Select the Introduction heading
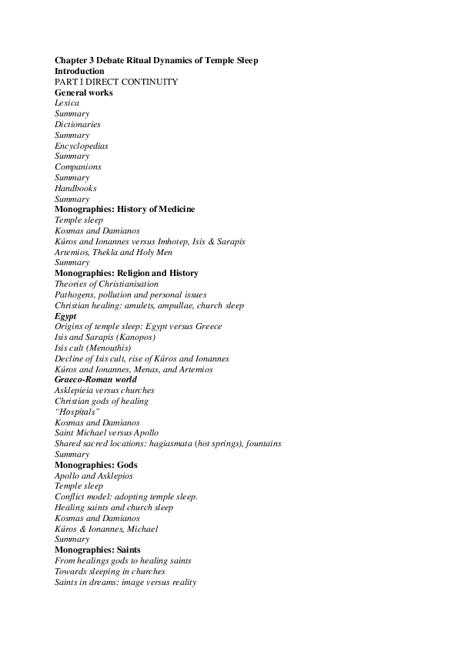(x=79, y=71)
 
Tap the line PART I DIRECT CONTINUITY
(x=116, y=82)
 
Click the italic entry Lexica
(x=67, y=103)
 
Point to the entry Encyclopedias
(x=81, y=146)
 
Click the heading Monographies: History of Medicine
(x=125, y=209)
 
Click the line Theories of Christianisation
(x=106, y=284)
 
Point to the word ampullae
(x=183, y=305)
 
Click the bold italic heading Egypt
(x=65, y=316)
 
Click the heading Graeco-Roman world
(x=95, y=379)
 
